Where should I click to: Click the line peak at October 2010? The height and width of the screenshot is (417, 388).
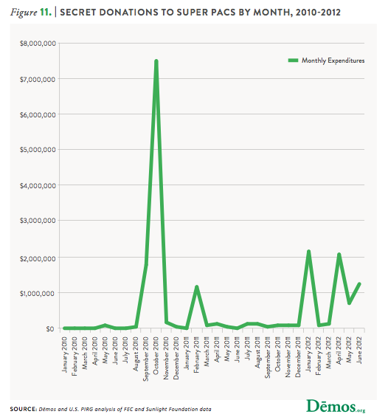pos(156,61)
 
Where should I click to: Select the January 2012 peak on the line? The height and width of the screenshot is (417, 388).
pos(308,252)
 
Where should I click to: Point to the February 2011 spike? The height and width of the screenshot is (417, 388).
pos(197,287)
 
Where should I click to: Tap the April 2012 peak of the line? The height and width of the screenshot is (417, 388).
pos(339,255)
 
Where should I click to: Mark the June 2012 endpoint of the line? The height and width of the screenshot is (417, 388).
pos(359,284)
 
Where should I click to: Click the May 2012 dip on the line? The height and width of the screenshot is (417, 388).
pos(349,303)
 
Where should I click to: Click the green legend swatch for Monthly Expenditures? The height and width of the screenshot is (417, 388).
pos(293,61)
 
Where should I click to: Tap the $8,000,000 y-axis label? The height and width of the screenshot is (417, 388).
pos(38,44)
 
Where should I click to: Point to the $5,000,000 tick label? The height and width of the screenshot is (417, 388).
pos(38,150)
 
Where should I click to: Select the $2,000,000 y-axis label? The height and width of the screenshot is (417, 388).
pos(38,258)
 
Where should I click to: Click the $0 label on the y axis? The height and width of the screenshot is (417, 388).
pos(50,329)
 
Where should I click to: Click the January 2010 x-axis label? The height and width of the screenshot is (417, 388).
pos(65,354)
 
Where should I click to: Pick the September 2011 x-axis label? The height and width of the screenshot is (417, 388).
pos(268,357)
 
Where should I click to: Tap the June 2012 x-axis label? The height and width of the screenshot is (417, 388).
pos(359,350)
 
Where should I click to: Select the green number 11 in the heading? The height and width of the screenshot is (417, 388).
pos(46,12)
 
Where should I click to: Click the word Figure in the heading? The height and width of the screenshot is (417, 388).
pos(24,13)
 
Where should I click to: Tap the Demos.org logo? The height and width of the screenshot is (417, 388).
pos(336,407)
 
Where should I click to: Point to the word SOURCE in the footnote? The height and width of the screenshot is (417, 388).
pos(24,410)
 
